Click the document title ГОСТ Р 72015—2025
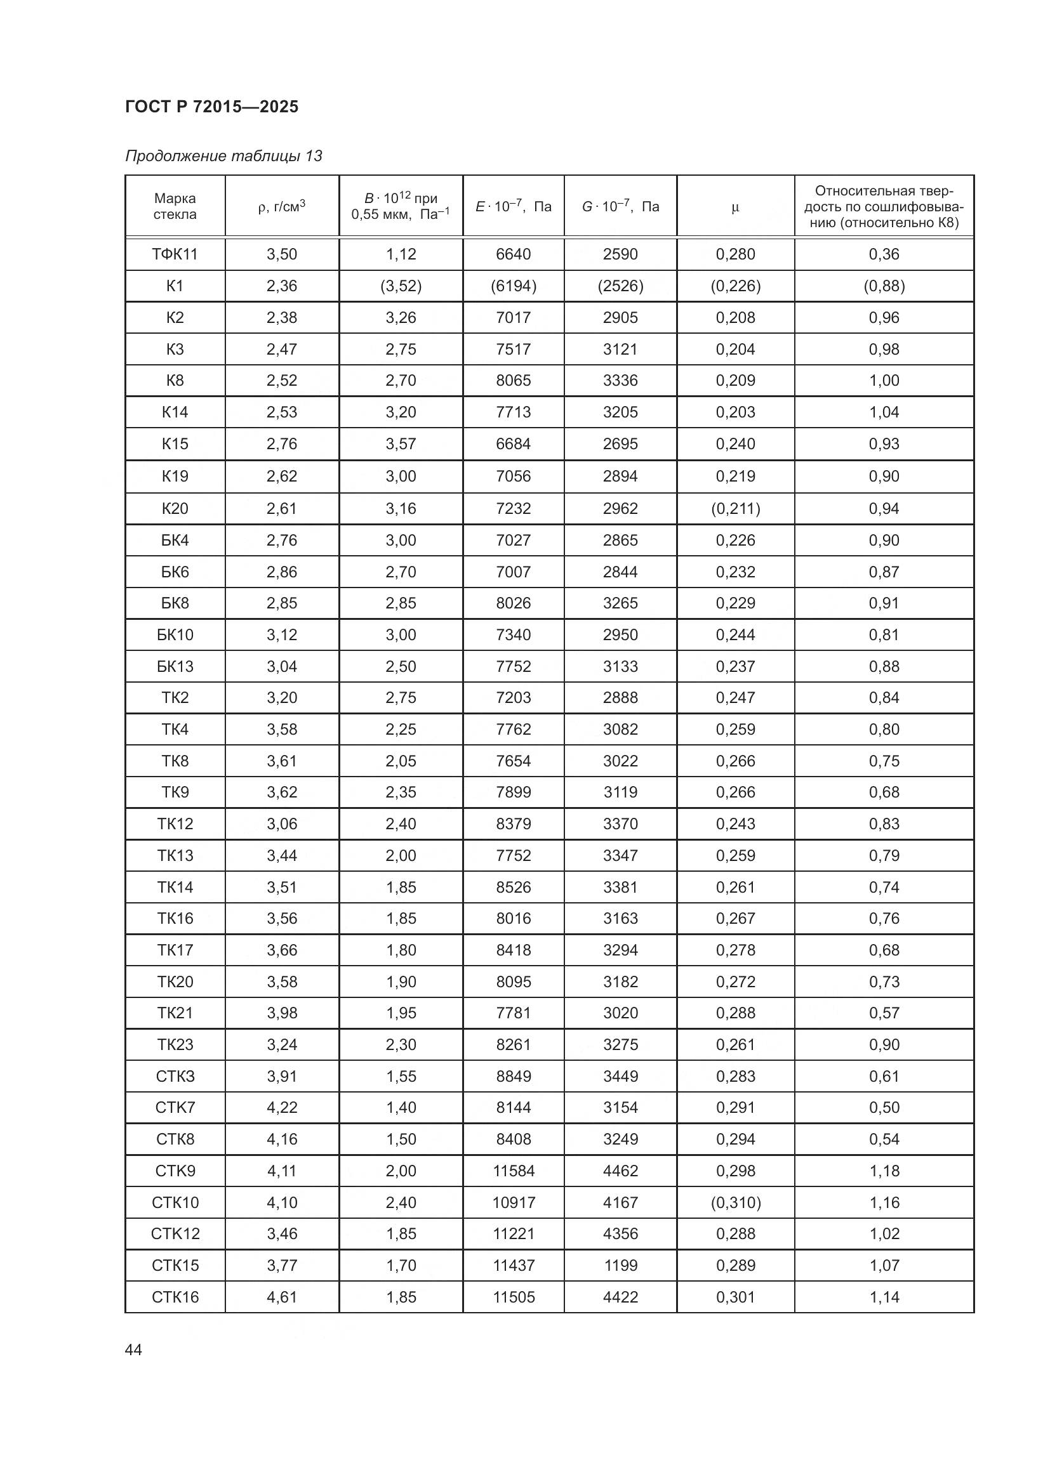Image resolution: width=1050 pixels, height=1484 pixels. [x=211, y=107]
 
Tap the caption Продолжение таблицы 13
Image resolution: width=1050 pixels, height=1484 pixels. [x=223, y=156]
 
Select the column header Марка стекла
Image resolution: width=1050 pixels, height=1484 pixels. [x=175, y=206]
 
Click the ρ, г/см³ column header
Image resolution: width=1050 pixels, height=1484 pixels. [x=281, y=207]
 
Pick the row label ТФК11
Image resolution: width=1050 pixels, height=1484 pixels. [x=175, y=254]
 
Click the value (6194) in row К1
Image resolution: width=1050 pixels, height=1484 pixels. [x=514, y=286]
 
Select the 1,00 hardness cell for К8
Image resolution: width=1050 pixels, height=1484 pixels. [x=884, y=380]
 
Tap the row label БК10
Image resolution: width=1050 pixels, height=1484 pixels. [x=175, y=634]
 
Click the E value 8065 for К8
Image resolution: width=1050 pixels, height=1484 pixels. [x=514, y=380]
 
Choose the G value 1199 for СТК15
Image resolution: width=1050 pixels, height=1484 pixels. [x=620, y=1265]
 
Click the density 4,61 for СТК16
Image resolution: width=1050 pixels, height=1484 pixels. [x=282, y=1297]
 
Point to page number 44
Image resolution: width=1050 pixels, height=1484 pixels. [x=133, y=1349]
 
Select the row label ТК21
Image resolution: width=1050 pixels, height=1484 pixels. [x=175, y=1013]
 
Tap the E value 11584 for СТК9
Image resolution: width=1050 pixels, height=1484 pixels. [x=514, y=1171]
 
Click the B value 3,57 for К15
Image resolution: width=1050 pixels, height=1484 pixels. [x=401, y=443]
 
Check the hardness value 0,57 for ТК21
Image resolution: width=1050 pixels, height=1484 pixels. [x=884, y=1013]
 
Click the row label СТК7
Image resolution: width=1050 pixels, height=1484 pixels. [x=175, y=1107]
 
